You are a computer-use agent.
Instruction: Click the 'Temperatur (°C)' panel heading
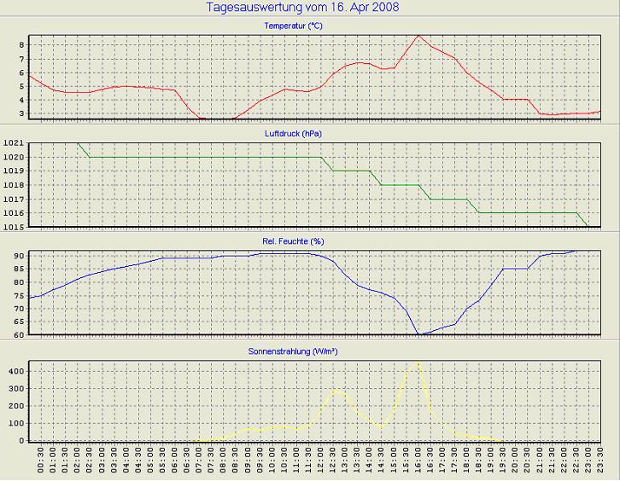(x=294, y=26)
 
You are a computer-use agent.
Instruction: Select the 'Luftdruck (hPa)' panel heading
(x=294, y=134)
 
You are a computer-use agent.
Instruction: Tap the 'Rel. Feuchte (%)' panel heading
(x=294, y=241)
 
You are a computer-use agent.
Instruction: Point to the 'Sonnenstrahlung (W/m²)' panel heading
(x=294, y=351)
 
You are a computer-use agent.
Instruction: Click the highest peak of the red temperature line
(x=418, y=36)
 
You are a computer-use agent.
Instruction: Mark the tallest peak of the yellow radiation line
(x=418, y=362)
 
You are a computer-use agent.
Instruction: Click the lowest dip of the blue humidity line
(x=418, y=334)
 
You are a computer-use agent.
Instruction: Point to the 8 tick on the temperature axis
(x=22, y=44)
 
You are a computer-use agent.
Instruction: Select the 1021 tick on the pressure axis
(x=15, y=142)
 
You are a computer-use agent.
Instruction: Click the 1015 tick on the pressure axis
(x=15, y=226)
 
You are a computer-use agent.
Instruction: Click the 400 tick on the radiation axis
(x=17, y=372)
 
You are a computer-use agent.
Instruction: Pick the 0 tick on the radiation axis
(x=23, y=441)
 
